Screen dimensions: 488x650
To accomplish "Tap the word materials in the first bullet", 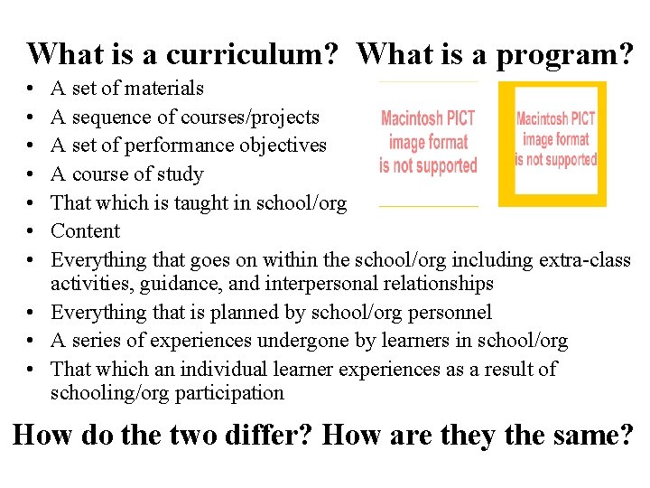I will pyautogui.click(x=164, y=89).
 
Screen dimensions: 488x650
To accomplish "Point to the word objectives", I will pyautogui.click(x=279, y=145).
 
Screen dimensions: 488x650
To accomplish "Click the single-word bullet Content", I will pyautogui.click(x=86, y=231).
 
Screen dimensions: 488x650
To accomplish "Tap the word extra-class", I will pyautogui.click(x=584, y=260).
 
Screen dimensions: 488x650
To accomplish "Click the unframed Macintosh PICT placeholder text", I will pyautogui.click(x=428, y=143).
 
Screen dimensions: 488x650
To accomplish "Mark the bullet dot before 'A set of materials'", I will pyautogui.click(x=32, y=89).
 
